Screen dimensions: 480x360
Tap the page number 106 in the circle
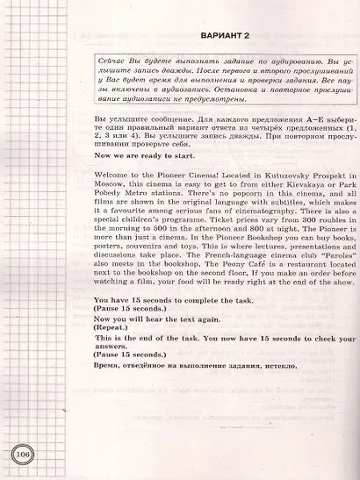pos(22,455)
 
